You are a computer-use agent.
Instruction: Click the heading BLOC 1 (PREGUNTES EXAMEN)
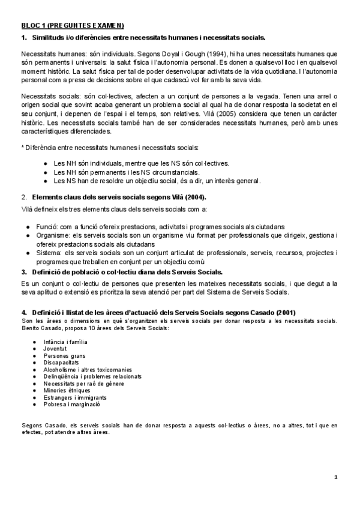(72, 25)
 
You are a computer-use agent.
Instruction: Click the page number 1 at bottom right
(337, 477)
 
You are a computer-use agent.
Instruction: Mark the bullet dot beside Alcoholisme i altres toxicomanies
(37, 370)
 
